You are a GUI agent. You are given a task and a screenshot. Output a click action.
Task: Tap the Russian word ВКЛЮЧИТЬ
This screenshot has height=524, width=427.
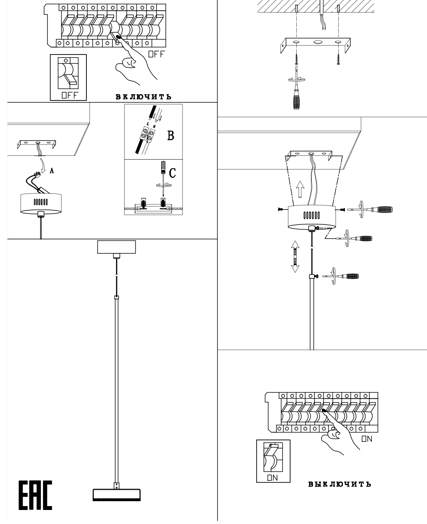143,97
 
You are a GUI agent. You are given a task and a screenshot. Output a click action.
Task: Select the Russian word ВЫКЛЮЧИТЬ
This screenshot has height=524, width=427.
339,484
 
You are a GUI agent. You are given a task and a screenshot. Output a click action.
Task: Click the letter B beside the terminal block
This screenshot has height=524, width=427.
170,136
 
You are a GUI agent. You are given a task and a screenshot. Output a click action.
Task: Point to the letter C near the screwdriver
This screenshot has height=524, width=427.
172,173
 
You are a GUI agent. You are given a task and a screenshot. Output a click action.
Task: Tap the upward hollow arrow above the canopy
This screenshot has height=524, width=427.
300,190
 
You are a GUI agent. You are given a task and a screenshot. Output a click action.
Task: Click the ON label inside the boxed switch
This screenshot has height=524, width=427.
272,478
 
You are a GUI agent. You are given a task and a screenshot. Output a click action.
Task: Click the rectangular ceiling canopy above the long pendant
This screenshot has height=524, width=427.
116,247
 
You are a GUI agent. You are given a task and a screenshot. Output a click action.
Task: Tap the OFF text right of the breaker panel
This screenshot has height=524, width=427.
156,55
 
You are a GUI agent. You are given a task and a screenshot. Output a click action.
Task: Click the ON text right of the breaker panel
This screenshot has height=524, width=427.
367,439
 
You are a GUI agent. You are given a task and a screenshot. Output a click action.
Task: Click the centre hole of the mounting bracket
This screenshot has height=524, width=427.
318,42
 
